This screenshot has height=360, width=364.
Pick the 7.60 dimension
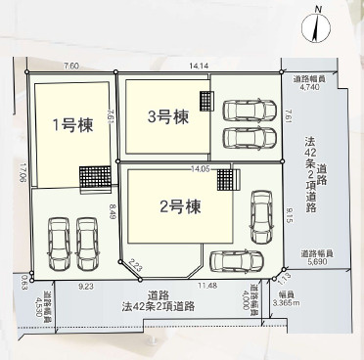pos(71,66)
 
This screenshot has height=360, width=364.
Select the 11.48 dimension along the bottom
pos(207,285)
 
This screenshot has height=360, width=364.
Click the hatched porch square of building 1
pos(94,177)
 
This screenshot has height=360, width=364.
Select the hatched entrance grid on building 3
pos(206,100)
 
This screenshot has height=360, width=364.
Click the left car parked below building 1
pos(57,242)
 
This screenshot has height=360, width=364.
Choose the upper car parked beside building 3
pos(248,109)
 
